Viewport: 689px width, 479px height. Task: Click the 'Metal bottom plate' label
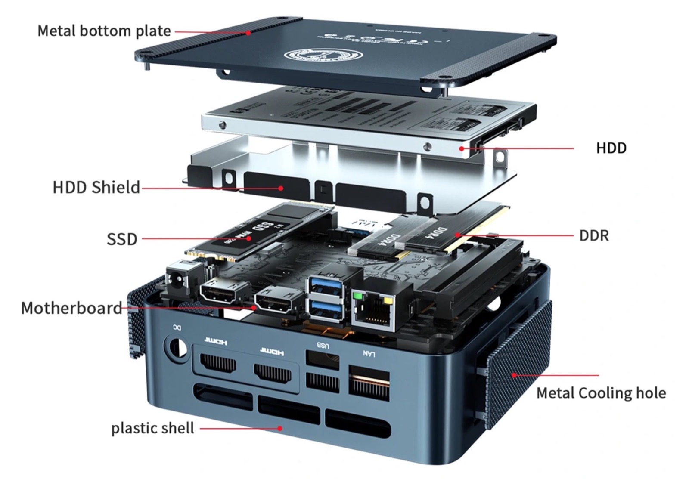[x=104, y=31]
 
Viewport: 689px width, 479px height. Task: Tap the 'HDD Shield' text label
[x=96, y=188]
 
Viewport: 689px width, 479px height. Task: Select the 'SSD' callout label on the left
[x=122, y=239]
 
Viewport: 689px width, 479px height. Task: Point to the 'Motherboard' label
[x=71, y=308]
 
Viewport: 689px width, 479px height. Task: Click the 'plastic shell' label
[x=152, y=428]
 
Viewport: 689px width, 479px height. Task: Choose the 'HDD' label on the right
[x=611, y=148]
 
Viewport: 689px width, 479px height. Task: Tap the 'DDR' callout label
[x=594, y=236]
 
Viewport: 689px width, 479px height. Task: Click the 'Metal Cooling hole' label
[x=601, y=393]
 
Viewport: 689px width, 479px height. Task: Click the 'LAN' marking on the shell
[x=369, y=354]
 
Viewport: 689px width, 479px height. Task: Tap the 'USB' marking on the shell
[x=323, y=345]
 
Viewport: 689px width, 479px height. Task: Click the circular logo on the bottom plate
[x=323, y=56]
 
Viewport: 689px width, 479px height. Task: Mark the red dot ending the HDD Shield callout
[x=281, y=188]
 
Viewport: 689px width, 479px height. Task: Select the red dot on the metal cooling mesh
[x=514, y=375]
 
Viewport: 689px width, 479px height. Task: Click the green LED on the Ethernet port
[x=357, y=296]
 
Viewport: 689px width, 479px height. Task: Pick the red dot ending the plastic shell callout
[x=280, y=428]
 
